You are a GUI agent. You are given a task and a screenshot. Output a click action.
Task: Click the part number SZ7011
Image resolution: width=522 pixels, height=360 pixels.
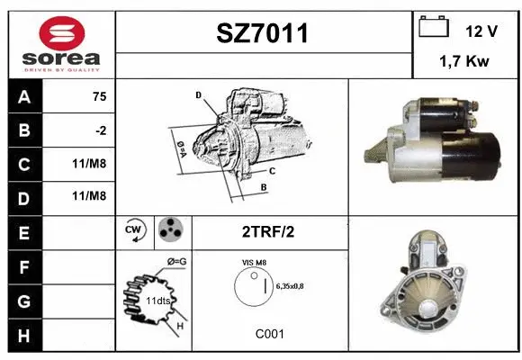coord(263,33)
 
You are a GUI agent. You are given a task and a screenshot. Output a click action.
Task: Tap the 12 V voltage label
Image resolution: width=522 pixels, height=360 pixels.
coord(481,31)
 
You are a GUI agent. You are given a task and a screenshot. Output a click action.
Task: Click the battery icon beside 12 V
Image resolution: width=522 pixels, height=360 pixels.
coord(435,29)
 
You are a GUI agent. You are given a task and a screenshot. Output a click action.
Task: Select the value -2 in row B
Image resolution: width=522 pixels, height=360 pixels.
coord(100,131)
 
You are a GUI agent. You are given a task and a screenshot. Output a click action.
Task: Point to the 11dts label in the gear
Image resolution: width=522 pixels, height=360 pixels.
coord(159,300)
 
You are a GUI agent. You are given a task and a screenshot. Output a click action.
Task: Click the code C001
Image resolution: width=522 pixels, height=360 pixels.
coord(269,333)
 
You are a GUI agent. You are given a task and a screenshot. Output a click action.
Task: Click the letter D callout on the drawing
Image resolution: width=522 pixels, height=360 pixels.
coord(198,94)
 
